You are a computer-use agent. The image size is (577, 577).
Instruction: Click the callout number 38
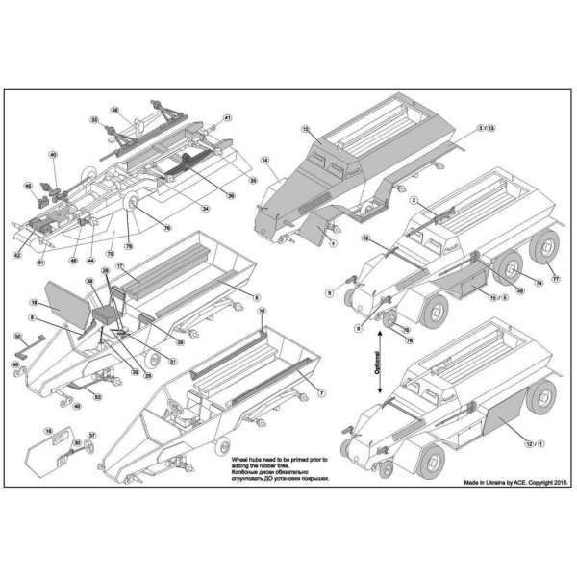click(x=114, y=111)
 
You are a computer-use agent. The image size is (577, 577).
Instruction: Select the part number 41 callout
click(x=228, y=118)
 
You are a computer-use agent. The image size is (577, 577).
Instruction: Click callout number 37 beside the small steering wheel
click(x=92, y=435)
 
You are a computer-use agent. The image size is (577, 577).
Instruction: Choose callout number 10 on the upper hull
click(x=305, y=128)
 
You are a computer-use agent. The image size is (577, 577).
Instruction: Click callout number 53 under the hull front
click(x=97, y=395)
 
